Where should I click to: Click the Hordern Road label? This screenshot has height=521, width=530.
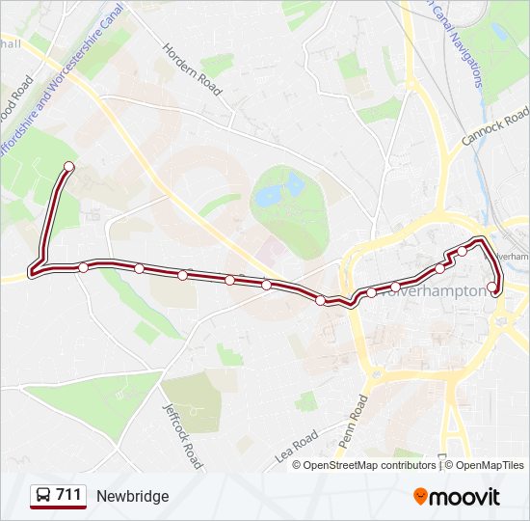tap(193, 69)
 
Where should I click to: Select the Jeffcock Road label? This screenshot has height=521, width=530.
tap(183, 435)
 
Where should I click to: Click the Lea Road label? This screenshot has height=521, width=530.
tap(296, 444)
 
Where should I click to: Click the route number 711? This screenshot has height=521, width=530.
tap(68, 495)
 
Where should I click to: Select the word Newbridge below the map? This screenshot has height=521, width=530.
tap(132, 496)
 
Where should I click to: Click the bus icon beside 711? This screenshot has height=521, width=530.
tap(42, 496)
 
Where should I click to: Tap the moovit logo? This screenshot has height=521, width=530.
tap(457, 497)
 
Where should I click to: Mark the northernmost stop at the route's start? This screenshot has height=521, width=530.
tap(68, 167)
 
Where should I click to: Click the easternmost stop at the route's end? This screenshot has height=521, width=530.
tap(492, 286)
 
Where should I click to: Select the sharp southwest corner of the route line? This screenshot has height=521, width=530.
tap(33, 272)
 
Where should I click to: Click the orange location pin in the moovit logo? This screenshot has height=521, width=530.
tap(421, 497)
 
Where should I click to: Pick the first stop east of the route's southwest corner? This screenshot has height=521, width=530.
tap(84, 267)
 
